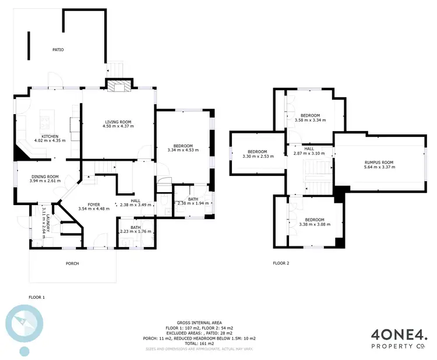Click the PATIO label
[58, 50]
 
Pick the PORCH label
[72, 263]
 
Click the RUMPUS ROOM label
[379, 163]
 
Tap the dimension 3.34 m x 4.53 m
[183, 150]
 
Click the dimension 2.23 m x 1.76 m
[135, 232]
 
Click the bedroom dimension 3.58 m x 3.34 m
[310, 120]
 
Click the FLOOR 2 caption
[281, 263]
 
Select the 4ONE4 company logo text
[400, 334]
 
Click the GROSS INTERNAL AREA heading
[199, 323]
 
